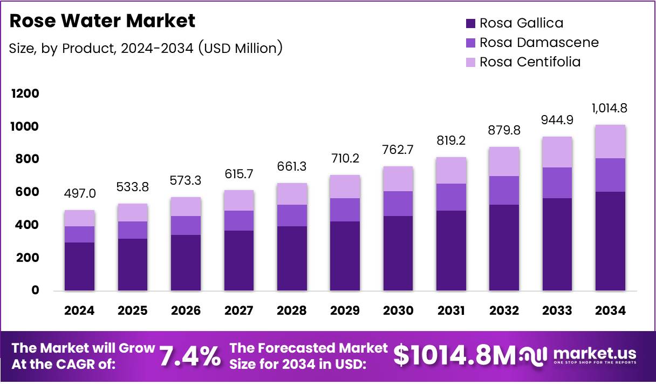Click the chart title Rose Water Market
click(102, 21)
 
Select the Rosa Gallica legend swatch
click(470, 23)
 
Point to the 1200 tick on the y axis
click(25, 94)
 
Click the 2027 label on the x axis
click(238, 311)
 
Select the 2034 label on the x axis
click(610, 311)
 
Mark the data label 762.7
click(398, 150)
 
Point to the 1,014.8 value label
click(610, 108)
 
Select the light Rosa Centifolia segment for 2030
click(398, 179)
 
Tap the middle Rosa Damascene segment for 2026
click(186, 225)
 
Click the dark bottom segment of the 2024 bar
click(79, 266)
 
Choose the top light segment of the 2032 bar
click(504, 161)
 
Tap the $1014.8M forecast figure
click(454, 355)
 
